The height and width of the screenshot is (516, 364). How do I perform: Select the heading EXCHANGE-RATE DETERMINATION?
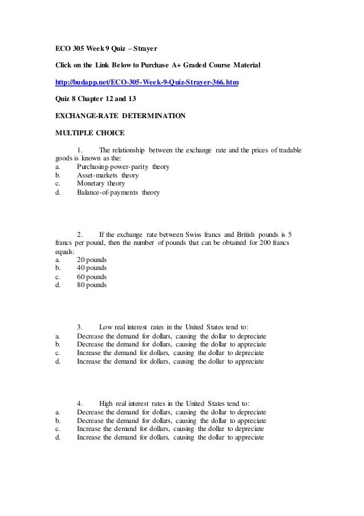[x=120, y=116]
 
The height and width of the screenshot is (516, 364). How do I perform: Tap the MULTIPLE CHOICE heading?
[x=90, y=133]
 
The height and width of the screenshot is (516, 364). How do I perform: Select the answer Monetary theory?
[x=100, y=184]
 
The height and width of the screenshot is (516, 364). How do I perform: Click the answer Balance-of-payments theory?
[x=118, y=193]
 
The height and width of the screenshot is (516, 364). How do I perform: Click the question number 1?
[x=80, y=150]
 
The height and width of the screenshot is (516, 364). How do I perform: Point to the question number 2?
[x=80, y=234]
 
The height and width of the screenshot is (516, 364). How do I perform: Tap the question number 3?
[x=80, y=327]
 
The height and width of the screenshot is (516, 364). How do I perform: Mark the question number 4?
[x=80, y=404]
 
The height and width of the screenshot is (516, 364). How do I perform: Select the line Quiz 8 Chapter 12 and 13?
[x=97, y=99]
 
